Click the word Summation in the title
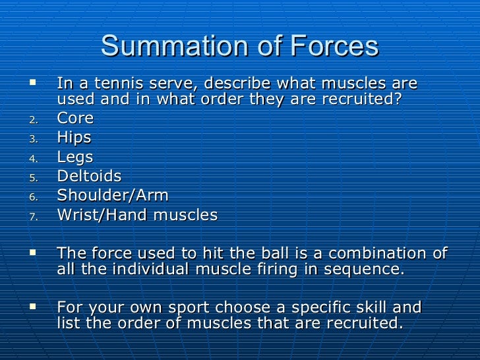[x=167, y=47]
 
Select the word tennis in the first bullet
[x=110, y=85]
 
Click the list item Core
[x=75, y=119]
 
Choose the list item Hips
[x=74, y=138]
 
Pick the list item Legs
[x=75, y=158]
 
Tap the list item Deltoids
[x=89, y=176]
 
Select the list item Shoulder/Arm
[x=113, y=196]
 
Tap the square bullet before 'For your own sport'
[x=34, y=306]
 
